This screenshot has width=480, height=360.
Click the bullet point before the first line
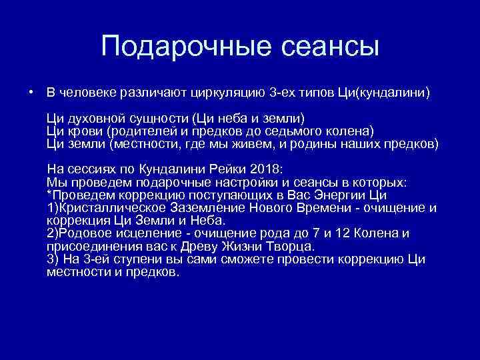click(31, 91)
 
